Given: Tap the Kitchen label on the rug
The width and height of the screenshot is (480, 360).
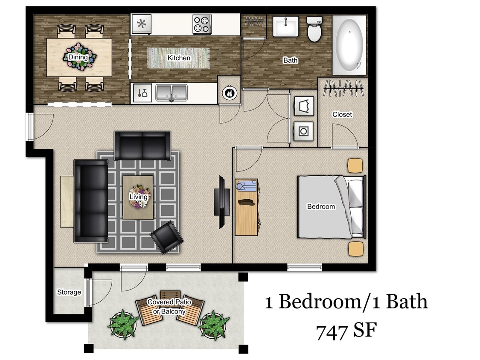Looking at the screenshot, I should click(x=179, y=58).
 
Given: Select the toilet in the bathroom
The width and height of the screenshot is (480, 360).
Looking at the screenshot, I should click(x=314, y=29).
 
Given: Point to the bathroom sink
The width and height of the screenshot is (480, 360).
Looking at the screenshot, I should click(x=285, y=27).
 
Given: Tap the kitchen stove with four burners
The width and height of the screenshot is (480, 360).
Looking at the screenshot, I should click(x=202, y=24).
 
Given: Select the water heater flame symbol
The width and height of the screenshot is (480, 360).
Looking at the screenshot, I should click(x=230, y=93).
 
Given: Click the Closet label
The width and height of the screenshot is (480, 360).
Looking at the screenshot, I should click(x=342, y=114).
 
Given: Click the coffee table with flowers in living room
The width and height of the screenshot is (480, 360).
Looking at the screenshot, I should click(x=138, y=197).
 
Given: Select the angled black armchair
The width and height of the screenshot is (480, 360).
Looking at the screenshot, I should click(x=167, y=237).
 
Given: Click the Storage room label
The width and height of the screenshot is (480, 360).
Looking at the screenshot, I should click(x=69, y=292).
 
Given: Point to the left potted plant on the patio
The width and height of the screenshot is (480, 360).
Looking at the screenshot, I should click(x=122, y=325).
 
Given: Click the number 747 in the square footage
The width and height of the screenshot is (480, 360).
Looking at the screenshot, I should click(x=332, y=331).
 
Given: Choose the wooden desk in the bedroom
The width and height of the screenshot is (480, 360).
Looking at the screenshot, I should click(x=247, y=207).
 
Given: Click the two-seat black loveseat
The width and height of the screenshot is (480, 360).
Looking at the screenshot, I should click(x=142, y=145).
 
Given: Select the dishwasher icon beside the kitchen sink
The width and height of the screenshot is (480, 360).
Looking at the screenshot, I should click(x=142, y=93).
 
